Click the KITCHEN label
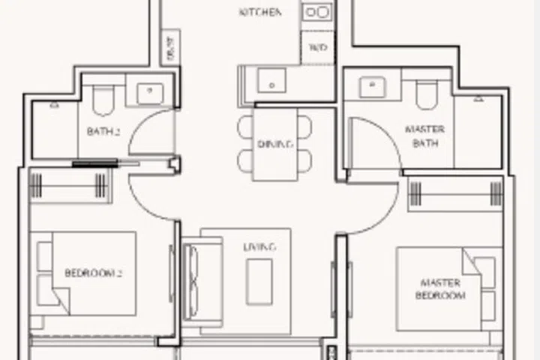(260, 13)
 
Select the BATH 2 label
(103, 131)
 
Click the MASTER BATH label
(424, 136)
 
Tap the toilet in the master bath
(425, 94)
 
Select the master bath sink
(371, 86)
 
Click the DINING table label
(274, 144)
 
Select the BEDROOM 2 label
(93, 273)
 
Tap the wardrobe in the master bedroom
(454, 193)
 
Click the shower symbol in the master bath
(478, 98)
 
